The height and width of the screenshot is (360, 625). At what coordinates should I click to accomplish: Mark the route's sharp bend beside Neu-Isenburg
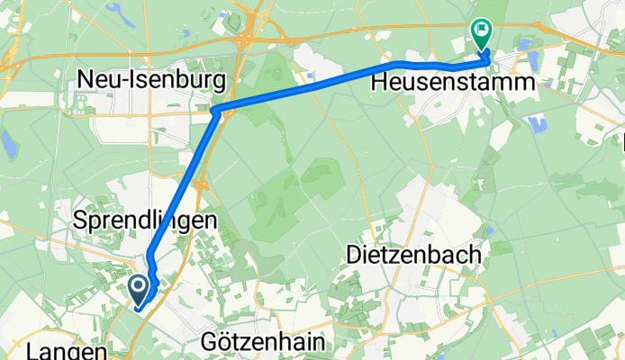pyautogui.click(x=216, y=110)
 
